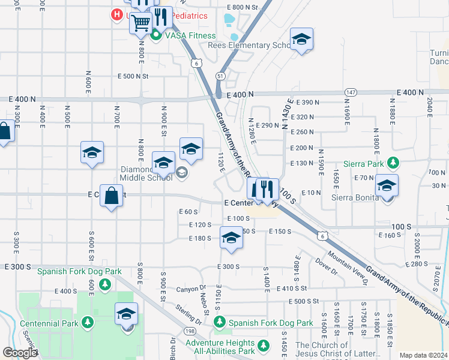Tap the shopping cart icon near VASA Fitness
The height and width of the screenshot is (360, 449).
tap(140, 23)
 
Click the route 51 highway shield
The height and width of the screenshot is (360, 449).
tap(221, 76)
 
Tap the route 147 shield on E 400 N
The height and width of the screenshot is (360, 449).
tap(351, 92)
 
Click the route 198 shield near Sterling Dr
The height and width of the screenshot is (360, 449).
tap(190, 331)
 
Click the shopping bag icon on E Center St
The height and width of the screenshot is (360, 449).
tap(112, 195)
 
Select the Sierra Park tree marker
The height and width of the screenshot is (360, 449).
tap(393, 163)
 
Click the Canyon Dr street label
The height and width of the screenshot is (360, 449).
tap(191, 289)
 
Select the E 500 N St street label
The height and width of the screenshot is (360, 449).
tap(133, 76)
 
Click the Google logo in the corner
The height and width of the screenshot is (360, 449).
tap(20, 353)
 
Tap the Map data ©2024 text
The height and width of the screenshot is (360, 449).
tap(423, 355)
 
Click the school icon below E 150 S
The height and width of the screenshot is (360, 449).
tap(231, 238)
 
